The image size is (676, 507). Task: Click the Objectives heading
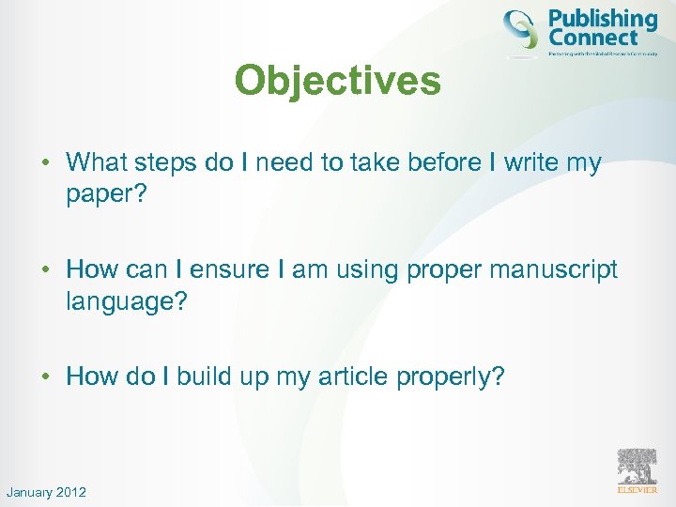[337, 81]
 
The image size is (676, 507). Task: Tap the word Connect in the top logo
[592, 38]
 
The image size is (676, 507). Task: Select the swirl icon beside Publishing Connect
[522, 29]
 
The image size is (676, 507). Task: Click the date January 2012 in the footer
[46, 492]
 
